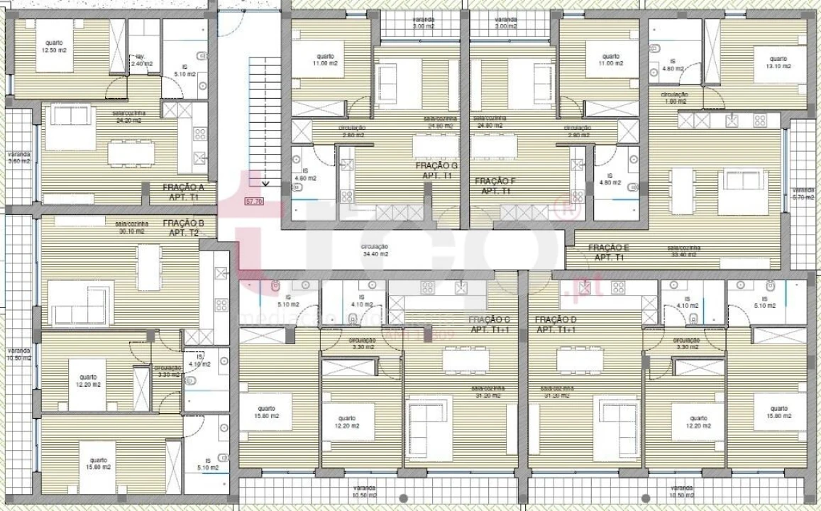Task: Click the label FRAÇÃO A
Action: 183,187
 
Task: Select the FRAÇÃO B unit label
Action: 183,223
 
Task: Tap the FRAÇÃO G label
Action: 436,165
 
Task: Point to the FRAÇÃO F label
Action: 494,181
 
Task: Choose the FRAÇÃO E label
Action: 608,248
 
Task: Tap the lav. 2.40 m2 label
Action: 138,61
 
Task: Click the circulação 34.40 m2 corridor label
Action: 375,250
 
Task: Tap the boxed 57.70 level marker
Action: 253,202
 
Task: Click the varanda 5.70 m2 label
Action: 803,193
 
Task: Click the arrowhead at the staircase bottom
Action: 265,183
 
